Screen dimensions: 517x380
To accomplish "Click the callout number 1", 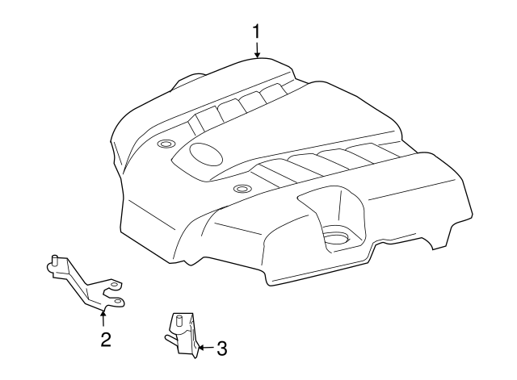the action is (256, 32).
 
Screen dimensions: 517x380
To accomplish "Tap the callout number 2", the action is (106, 340).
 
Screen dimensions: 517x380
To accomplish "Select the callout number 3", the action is (222, 349).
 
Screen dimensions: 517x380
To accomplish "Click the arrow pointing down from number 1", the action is (257, 49).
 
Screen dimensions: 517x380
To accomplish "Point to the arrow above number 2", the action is (103, 318).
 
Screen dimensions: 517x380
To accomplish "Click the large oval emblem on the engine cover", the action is (206, 154).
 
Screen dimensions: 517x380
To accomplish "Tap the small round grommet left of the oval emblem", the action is (166, 144).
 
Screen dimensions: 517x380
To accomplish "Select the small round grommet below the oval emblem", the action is (242, 189).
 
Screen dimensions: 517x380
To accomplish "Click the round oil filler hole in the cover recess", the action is (336, 238).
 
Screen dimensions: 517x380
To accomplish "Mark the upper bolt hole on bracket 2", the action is (115, 284).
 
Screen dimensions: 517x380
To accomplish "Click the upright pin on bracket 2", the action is (55, 261).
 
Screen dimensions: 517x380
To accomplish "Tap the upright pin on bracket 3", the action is (179, 320).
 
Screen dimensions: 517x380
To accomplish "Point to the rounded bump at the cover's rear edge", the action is (188, 80).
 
